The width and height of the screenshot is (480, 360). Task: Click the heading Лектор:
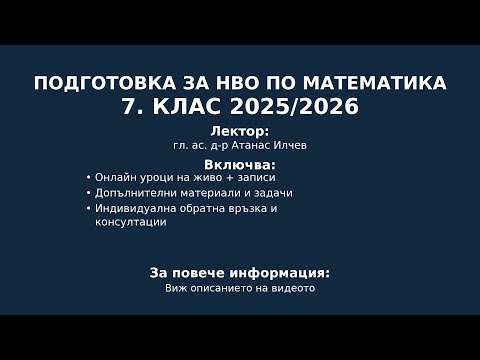pyautogui.click(x=240, y=132)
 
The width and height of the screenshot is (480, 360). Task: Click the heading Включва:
pyautogui.click(x=240, y=163)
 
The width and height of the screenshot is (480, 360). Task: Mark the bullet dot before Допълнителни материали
pyautogui.click(x=89, y=193)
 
